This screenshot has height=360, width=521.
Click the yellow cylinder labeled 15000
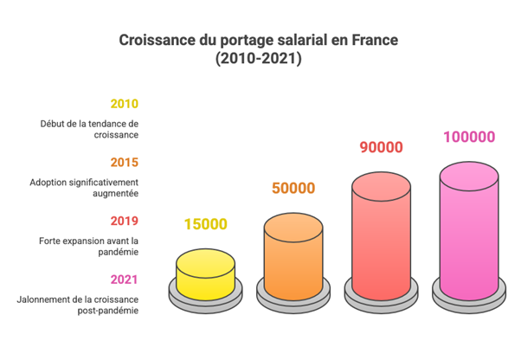tap(205, 273)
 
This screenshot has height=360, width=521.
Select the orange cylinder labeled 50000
tap(293, 255)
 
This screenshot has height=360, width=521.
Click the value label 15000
tap(205, 224)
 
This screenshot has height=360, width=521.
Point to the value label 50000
tap(293, 188)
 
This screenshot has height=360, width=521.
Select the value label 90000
tap(381, 147)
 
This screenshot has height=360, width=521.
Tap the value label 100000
tap(469, 137)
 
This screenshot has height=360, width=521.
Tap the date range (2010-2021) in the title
tap(260, 60)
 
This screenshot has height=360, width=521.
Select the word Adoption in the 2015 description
tap(49, 182)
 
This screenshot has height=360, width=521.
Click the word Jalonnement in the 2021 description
tap(43, 299)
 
